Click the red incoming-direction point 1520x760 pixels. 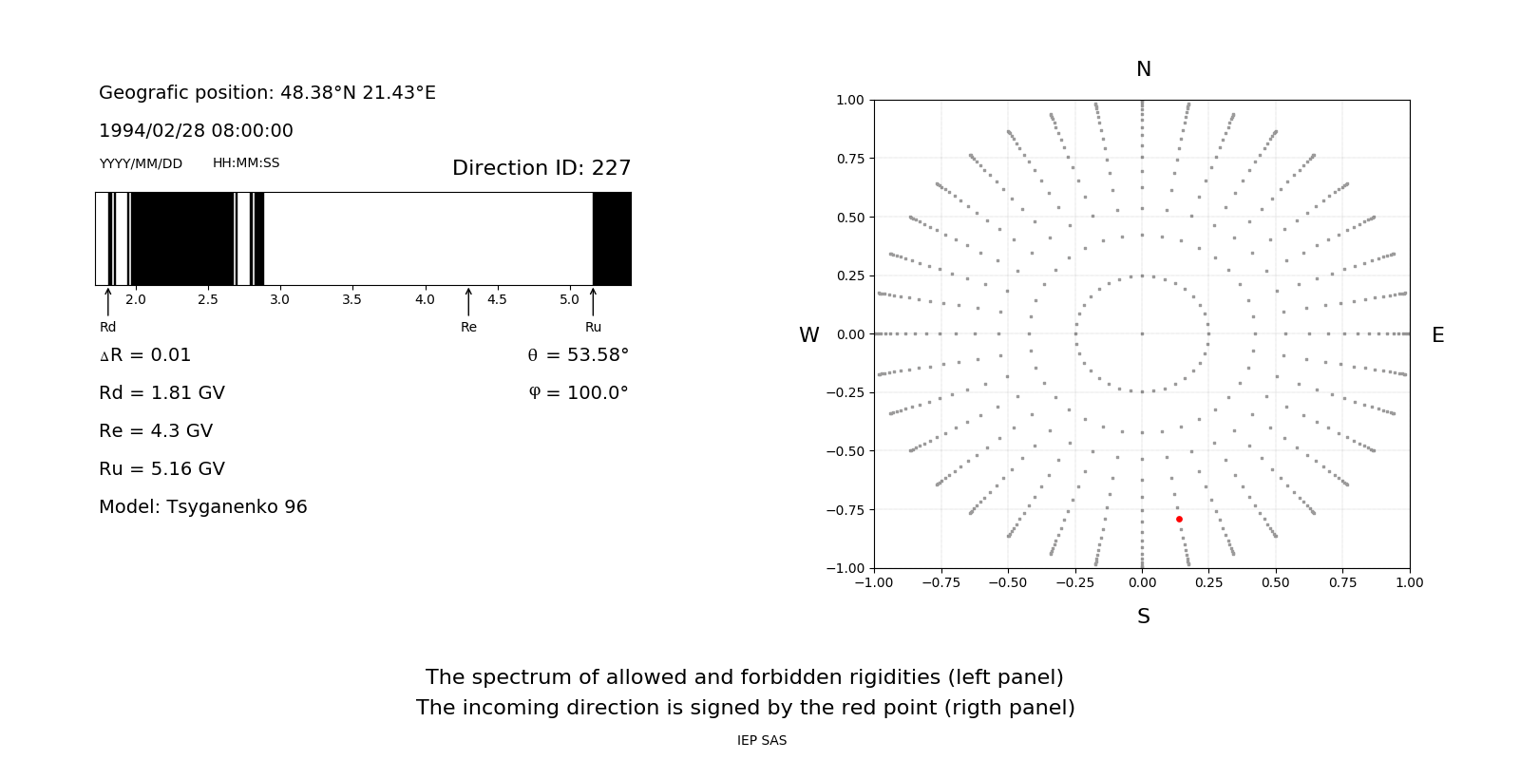(1179, 519)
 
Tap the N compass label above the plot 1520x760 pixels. (1143, 69)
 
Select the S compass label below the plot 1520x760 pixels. (1143, 617)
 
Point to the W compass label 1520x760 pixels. (808, 335)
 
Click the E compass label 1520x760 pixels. (1437, 335)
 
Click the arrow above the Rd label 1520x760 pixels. (108, 301)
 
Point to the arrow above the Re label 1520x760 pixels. (468, 301)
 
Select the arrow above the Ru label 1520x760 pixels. (593, 301)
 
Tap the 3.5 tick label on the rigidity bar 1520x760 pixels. (351, 299)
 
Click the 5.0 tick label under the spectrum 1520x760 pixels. (569, 299)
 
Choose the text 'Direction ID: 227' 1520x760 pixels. (541, 168)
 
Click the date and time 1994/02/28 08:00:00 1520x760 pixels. (196, 130)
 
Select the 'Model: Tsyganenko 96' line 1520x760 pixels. (203, 506)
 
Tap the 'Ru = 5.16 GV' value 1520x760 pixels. (161, 468)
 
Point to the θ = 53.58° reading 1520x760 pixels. (578, 354)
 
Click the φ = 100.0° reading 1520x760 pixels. (579, 392)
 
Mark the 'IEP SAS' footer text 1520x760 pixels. (762, 740)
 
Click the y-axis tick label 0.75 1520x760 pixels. (849, 159)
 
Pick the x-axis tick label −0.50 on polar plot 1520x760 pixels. (1008, 582)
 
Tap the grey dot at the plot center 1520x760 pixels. (1142, 333)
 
